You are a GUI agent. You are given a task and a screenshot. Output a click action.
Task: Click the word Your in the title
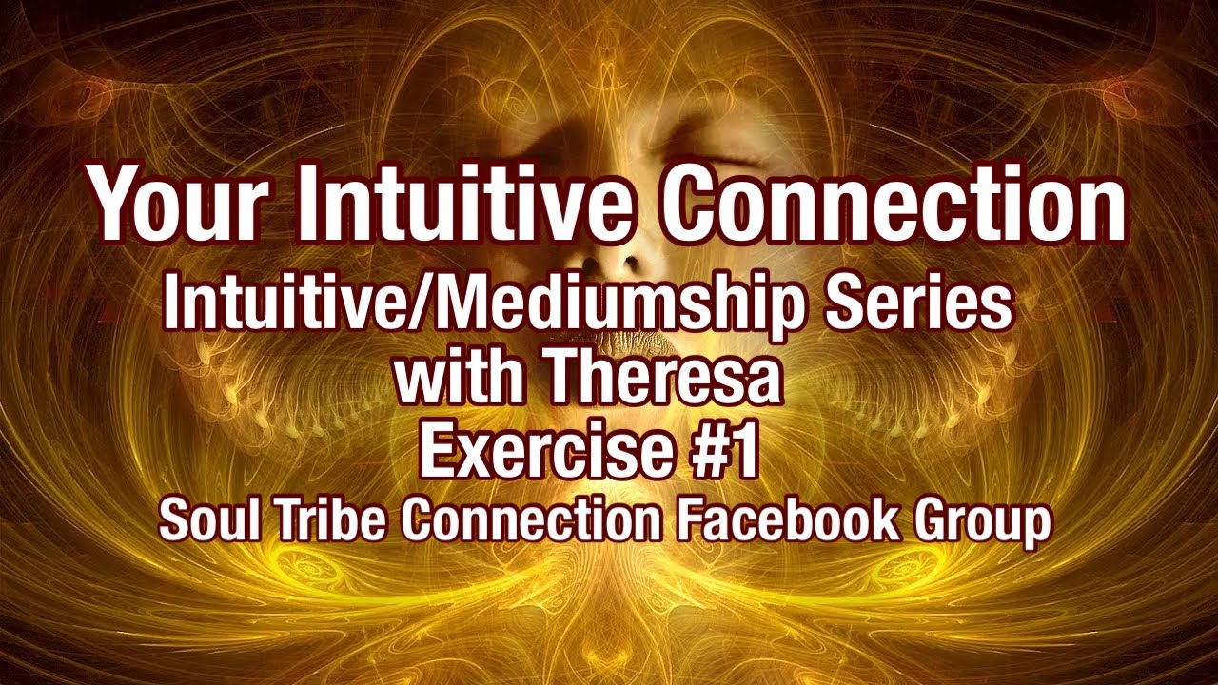click(x=177, y=204)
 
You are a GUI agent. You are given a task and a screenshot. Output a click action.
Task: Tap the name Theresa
click(x=664, y=378)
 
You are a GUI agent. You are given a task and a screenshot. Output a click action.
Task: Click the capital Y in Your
click(x=115, y=204)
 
